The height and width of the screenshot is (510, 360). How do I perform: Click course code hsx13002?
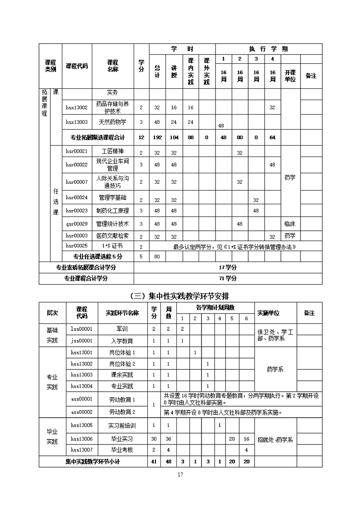coord(76,107)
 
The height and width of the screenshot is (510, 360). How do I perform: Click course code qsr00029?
coord(76,224)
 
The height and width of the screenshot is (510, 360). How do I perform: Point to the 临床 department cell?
coord(290,224)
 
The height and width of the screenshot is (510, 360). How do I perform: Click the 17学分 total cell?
coord(228,268)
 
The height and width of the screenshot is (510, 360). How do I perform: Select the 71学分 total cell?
coord(228,278)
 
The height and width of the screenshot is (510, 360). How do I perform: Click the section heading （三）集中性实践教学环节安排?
coord(180,295)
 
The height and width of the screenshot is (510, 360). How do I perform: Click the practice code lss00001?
coord(82,328)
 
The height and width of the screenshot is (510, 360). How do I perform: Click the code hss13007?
coord(82,449)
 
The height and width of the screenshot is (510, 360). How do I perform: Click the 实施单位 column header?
coord(268,313)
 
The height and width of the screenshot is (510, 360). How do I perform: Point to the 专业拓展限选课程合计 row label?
coord(98,137)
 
